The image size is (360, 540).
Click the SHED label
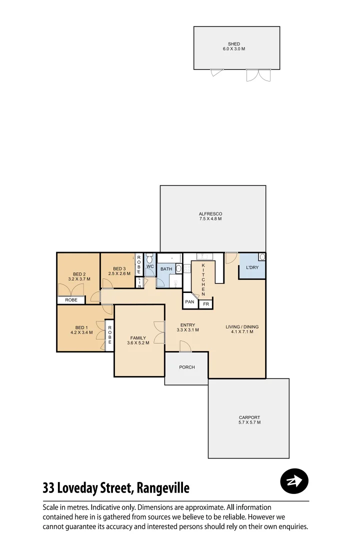coord(233,44)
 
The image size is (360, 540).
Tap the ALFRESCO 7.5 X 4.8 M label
coord(210,216)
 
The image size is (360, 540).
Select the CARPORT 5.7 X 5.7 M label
coord(249,420)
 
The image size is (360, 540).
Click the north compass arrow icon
coord(294,481)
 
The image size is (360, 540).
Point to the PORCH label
coord(186,367)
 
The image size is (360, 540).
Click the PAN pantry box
coord(189,302)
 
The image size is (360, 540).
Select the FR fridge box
coord(205,304)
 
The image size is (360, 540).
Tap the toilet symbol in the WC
coord(149,259)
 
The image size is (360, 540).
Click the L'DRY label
coord(252,268)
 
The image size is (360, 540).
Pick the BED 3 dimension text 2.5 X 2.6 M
coord(119,273)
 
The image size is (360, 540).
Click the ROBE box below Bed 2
coord(71,300)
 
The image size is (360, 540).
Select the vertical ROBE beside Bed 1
coord(109,334)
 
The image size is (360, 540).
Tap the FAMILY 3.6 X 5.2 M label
coord(138,340)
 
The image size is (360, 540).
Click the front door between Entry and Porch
coord(185,346)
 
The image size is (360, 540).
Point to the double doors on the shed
coord(258,75)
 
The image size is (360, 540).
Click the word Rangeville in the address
coord(163,487)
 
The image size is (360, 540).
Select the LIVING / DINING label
coord(242,329)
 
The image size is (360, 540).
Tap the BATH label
coord(166,269)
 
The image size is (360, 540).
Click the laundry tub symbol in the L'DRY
coord(261,257)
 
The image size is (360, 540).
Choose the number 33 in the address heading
coord(48,487)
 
